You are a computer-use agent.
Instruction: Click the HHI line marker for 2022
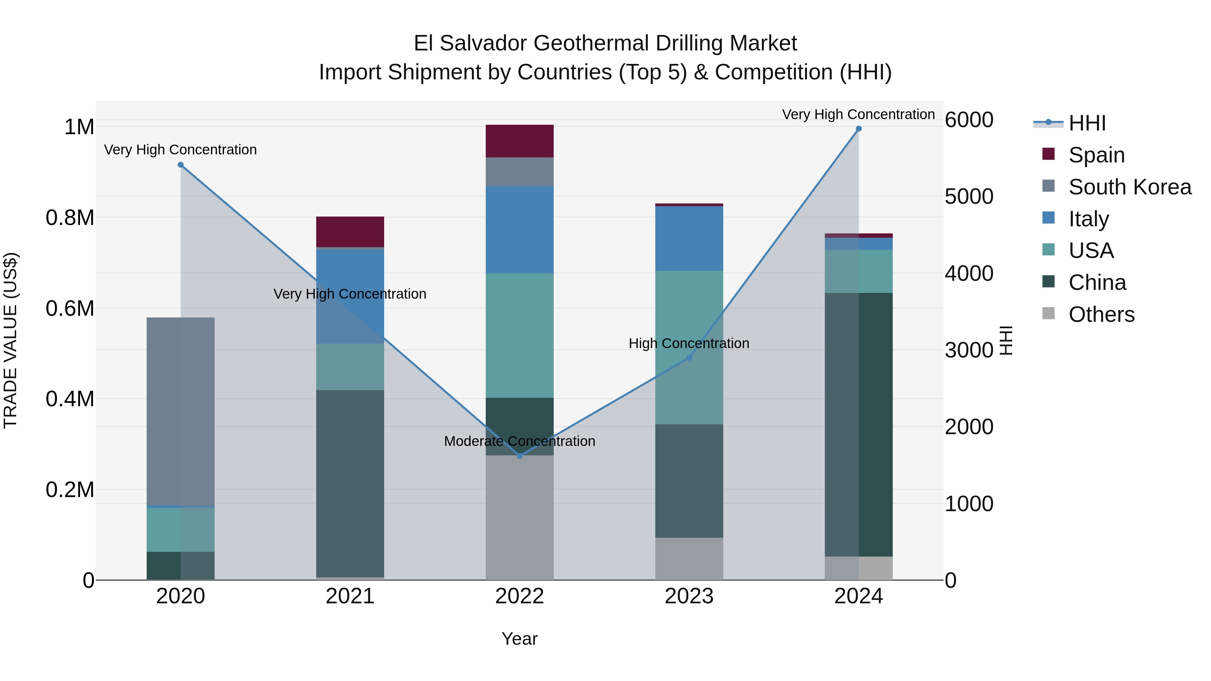(519, 456)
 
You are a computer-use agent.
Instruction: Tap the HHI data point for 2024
(858, 129)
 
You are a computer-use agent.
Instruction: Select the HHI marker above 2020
(181, 165)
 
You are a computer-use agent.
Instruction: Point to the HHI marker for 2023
(689, 358)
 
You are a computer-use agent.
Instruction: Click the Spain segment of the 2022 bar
(519, 141)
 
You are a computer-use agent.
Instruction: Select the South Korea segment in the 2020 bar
(181, 411)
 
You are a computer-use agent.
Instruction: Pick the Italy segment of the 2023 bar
(689, 238)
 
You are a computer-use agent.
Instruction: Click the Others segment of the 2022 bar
(519, 517)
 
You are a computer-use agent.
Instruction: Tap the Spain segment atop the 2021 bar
(350, 232)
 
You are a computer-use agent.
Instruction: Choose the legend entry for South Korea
(1130, 187)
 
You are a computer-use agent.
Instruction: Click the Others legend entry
(1101, 314)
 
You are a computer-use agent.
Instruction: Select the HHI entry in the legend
(1087, 123)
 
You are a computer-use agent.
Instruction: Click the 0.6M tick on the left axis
(70, 309)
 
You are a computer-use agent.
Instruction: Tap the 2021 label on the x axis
(350, 596)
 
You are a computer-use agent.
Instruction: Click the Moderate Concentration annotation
(519, 441)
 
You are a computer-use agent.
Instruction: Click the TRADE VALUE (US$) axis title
(10, 340)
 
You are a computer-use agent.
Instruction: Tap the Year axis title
(519, 639)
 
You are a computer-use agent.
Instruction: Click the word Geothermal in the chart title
(594, 44)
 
